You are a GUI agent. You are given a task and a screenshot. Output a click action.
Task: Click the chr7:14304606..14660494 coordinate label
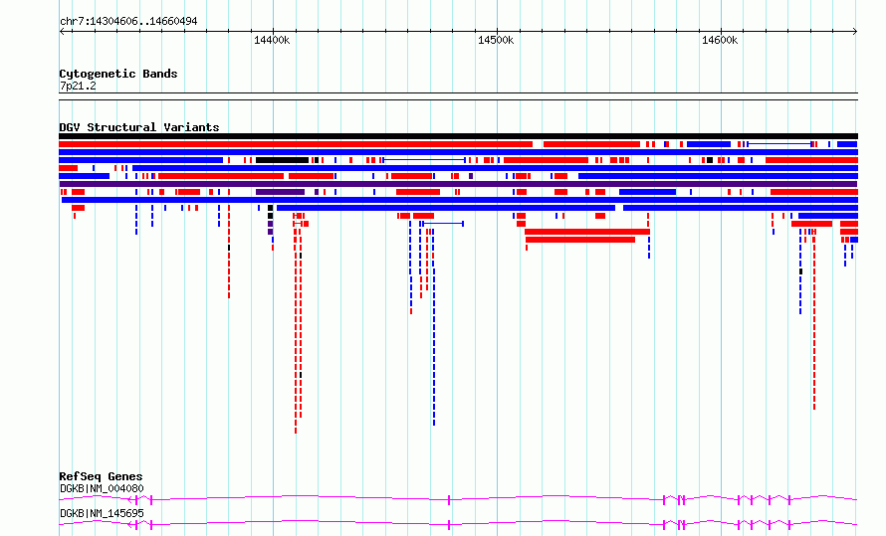(x=128, y=22)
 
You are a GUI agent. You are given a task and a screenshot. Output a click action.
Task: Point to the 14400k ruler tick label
(x=272, y=40)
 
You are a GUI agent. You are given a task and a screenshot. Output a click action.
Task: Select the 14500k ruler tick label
(x=496, y=40)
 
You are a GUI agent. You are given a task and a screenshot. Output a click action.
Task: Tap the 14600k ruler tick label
(x=720, y=40)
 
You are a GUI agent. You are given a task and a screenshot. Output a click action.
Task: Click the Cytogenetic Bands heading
(x=118, y=74)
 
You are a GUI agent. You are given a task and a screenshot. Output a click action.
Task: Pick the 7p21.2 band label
(x=78, y=86)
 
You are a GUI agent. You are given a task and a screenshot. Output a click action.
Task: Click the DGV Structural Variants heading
(x=139, y=127)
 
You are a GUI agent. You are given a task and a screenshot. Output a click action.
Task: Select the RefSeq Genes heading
(x=101, y=476)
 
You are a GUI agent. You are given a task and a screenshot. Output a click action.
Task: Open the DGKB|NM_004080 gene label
(x=102, y=488)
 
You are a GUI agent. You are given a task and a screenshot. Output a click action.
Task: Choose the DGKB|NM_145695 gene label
(x=102, y=513)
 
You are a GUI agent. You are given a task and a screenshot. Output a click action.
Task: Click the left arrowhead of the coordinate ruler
(x=61, y=32)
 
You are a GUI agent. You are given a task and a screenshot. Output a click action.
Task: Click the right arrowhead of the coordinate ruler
(x=856, y=32)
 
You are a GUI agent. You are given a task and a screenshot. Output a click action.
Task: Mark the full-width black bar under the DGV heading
(x=458, y=136)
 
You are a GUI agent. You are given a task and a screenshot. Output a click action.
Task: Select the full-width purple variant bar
(x=458, y=184)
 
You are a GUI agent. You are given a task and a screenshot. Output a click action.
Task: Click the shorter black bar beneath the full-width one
(x=282, y=160)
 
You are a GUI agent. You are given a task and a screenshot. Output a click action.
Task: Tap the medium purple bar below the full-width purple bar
(x=281, y=192)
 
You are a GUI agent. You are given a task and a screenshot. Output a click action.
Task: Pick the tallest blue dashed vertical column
(x=433, y=327)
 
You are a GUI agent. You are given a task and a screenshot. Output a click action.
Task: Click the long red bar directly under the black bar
(x=296, y=144)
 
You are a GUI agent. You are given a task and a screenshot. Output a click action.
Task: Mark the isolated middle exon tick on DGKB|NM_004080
(x=449, y=500)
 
